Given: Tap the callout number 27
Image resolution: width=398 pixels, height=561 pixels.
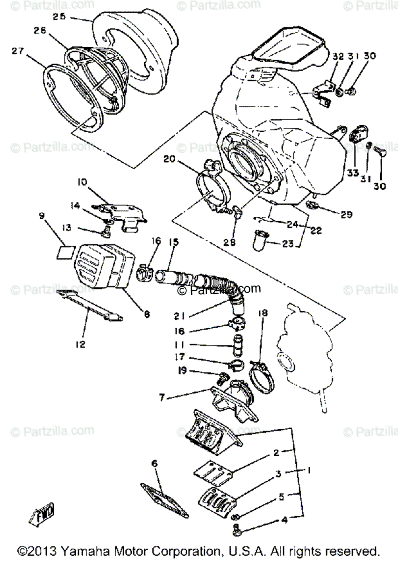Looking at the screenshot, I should point(18,51).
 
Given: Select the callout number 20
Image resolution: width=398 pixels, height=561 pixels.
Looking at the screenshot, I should point(169,159).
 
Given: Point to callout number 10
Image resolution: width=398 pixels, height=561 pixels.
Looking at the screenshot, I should point(82,182).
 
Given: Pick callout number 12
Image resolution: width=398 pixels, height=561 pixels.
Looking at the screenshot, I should point(80,345).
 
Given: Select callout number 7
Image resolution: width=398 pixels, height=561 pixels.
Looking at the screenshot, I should point(162,397).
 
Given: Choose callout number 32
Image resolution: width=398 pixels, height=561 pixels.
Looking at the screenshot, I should point(338,57).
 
